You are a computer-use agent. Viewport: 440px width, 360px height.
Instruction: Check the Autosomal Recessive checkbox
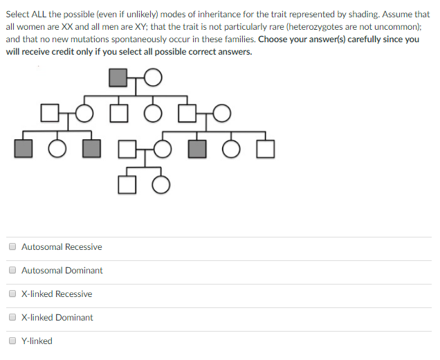point(12,246)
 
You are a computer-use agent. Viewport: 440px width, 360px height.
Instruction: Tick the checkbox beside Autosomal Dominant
point(12,270)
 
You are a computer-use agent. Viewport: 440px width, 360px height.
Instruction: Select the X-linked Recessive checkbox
point(12,294)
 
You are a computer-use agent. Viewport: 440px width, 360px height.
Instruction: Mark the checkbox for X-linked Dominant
point(12,317)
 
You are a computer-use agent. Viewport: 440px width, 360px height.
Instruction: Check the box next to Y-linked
point(12,341)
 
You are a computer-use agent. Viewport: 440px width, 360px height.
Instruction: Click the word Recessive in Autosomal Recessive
point(83,247)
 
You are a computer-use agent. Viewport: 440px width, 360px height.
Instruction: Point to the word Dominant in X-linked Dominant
point(76,318)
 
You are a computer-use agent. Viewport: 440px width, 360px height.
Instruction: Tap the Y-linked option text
point(37,341)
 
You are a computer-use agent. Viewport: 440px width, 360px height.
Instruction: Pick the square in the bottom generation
point(127,184)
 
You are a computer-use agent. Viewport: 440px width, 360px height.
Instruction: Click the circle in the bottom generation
point(161,184)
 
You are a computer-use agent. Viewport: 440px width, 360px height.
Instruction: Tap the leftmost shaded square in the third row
point(24,148)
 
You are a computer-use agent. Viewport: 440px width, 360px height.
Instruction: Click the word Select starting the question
point(19,14)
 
